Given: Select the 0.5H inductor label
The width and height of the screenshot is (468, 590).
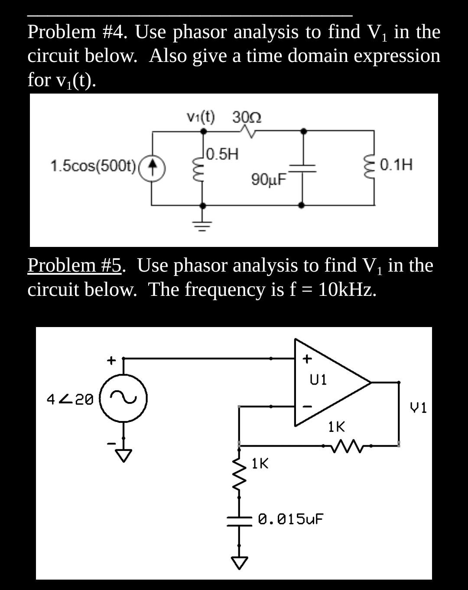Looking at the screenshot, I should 222,154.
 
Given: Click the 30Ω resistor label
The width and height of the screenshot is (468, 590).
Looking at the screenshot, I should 247,117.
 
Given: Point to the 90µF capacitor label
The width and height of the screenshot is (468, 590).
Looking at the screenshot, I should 269,179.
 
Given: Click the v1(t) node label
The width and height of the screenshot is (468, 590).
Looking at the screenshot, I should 200,117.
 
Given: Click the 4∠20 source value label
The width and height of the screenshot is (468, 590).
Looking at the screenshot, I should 70,399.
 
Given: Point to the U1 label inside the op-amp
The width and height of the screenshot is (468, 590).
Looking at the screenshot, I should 318,379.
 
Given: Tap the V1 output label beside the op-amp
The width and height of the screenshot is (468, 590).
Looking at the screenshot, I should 419,408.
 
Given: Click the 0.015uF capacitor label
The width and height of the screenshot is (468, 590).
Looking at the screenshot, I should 291,519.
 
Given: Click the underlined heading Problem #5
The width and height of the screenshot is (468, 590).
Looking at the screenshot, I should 75,266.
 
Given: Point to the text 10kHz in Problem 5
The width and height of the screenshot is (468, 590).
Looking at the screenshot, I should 347,289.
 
